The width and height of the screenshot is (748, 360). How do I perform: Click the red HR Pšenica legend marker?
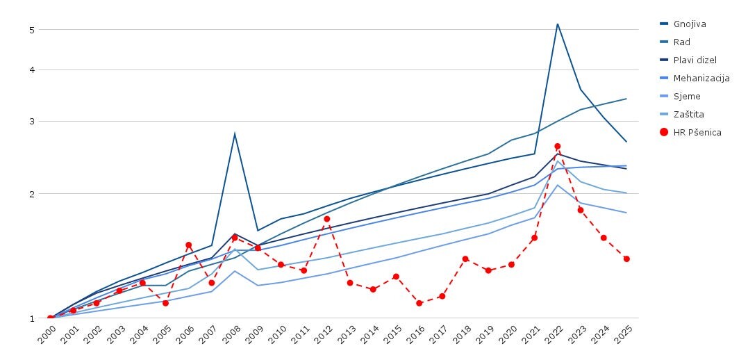coord(664,132)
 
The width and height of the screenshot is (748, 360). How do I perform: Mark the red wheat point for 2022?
coord(558,147)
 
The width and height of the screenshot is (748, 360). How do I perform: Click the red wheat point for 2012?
coord(327,219)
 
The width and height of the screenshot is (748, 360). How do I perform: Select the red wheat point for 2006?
coord(189,245)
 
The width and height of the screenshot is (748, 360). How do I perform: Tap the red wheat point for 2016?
coord(419,303)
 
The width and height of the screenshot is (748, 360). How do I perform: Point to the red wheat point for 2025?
coord(626,259)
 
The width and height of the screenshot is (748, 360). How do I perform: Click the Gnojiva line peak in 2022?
coord(558,24)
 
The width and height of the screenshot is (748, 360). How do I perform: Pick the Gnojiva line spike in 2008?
coord(235,133)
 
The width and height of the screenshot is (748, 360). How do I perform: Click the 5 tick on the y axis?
coord(32,30)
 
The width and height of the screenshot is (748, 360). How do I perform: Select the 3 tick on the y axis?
coord(32,122)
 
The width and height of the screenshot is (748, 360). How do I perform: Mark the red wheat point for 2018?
coord(465,259)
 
